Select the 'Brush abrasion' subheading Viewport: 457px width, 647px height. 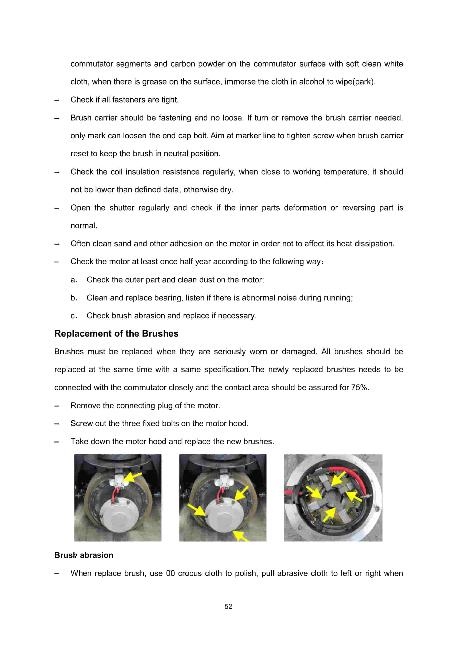click(x=84, y=555)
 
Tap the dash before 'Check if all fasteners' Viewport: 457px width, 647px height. click(x=57, y=100)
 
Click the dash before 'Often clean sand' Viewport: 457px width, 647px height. click(x=57, y=244)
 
